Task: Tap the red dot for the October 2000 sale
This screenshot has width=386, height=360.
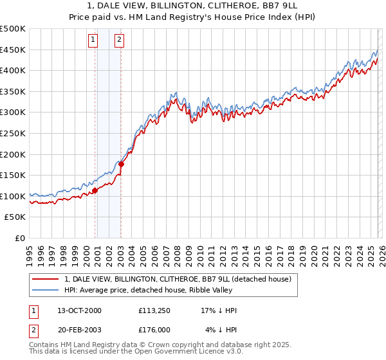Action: click(95, 190)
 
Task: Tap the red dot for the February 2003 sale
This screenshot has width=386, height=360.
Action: click(121, 164)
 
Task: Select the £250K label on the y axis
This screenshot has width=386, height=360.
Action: click(13, 133)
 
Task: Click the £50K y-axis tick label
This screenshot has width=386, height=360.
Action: click(15, 217)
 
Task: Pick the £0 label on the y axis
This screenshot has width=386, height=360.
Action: click(21, 238)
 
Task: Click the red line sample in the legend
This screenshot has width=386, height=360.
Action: click(46, 279)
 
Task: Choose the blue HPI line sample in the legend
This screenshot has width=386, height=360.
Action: click(46, 290)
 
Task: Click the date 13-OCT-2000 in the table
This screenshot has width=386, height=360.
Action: click(78, 310)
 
